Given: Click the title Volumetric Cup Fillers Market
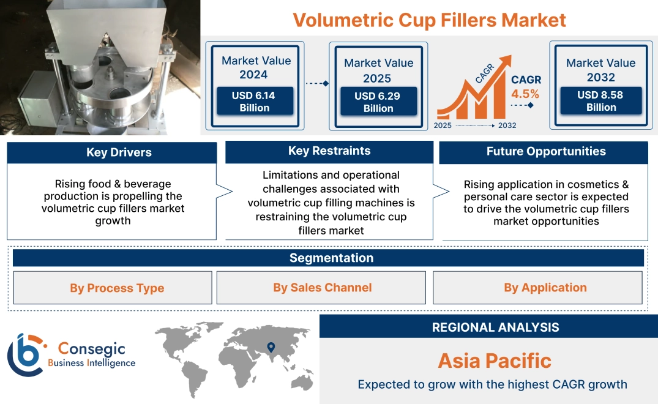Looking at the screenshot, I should coord(429,20).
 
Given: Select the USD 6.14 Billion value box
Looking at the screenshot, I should coord(255,102).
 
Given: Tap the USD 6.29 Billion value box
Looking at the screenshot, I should coord(378,102).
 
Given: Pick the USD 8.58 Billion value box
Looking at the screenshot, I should coord(601,101).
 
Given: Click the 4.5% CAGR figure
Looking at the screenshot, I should coord(525,94).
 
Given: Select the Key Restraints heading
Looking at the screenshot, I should coord(329,151).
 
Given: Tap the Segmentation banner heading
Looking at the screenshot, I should coord(331,258).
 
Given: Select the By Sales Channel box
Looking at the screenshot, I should coord(323,288).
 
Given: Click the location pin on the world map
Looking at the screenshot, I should coord(271,348).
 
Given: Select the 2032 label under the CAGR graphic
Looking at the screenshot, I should coord(507,125).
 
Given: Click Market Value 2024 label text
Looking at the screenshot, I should coord(256,67).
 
